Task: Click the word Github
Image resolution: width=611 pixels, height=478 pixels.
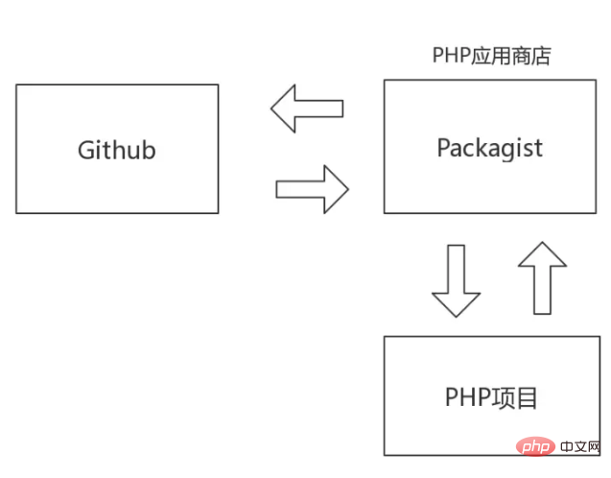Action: click(116, 151)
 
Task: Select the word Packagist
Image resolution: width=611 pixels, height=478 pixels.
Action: click(489, 148)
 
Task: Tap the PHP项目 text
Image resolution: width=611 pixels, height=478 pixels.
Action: click(491, 396)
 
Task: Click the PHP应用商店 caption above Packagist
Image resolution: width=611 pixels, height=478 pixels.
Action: click(490, 55)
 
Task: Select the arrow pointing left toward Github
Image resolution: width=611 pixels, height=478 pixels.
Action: click(307, 108)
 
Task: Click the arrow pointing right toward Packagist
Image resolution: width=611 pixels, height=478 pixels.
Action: click(312, 188)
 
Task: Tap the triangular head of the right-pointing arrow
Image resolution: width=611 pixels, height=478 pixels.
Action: click(334, 188)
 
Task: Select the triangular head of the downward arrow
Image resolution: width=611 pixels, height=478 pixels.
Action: click(456, 301)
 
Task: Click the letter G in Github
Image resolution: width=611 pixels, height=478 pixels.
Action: click(85, 151)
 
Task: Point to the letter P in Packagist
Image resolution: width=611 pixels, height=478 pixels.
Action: click(443, 148)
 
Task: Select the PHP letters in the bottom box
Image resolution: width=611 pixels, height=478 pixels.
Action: click(466, 396)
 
